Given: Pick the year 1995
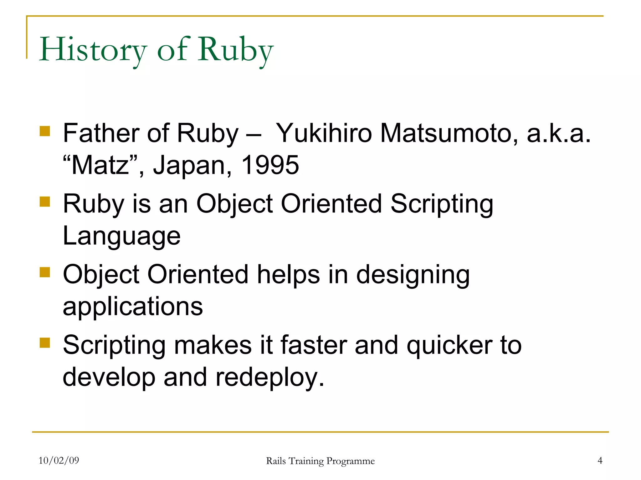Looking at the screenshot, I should [x=270, y=165].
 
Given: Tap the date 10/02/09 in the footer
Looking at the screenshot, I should [x=59, y=460].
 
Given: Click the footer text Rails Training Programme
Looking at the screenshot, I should [x=320, y=461].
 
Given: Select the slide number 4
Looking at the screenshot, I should [x=600, y=460].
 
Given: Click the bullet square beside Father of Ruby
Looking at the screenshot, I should [x=45, y=131].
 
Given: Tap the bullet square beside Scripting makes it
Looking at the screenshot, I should [x=45, y=343].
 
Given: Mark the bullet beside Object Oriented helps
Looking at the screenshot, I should [x=45, y=272].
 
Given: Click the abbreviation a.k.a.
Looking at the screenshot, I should [x=559, y=133].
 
